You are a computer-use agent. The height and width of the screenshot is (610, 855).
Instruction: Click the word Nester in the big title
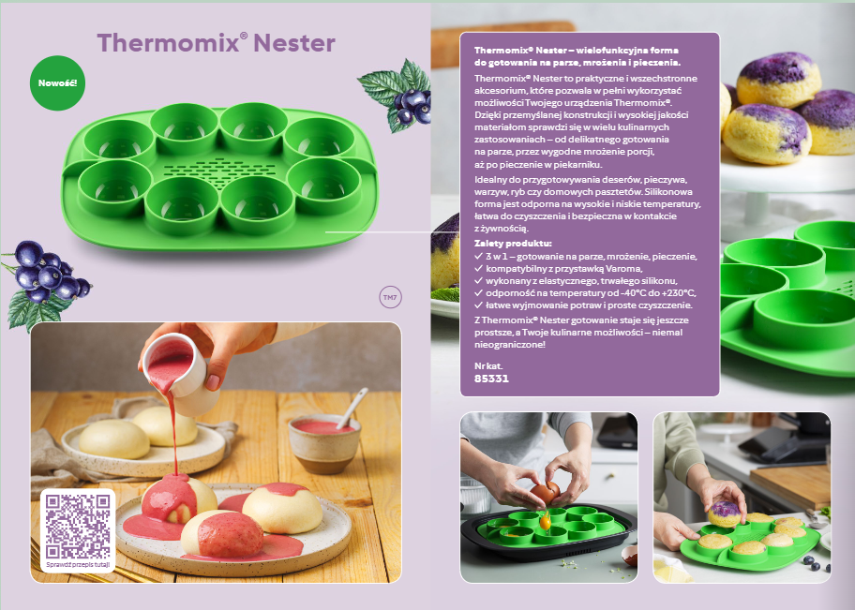294,42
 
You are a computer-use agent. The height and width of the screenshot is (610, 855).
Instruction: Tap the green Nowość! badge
57,83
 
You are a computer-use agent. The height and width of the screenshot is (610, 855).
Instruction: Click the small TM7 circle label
389,298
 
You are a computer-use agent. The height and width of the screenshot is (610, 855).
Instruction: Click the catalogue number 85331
491,379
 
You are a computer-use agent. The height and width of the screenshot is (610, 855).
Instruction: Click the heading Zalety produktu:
513,243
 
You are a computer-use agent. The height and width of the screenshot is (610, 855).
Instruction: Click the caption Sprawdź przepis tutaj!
77,564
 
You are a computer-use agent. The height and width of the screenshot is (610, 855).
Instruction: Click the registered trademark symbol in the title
244,37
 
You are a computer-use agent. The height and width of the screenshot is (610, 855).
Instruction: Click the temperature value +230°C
677,292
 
